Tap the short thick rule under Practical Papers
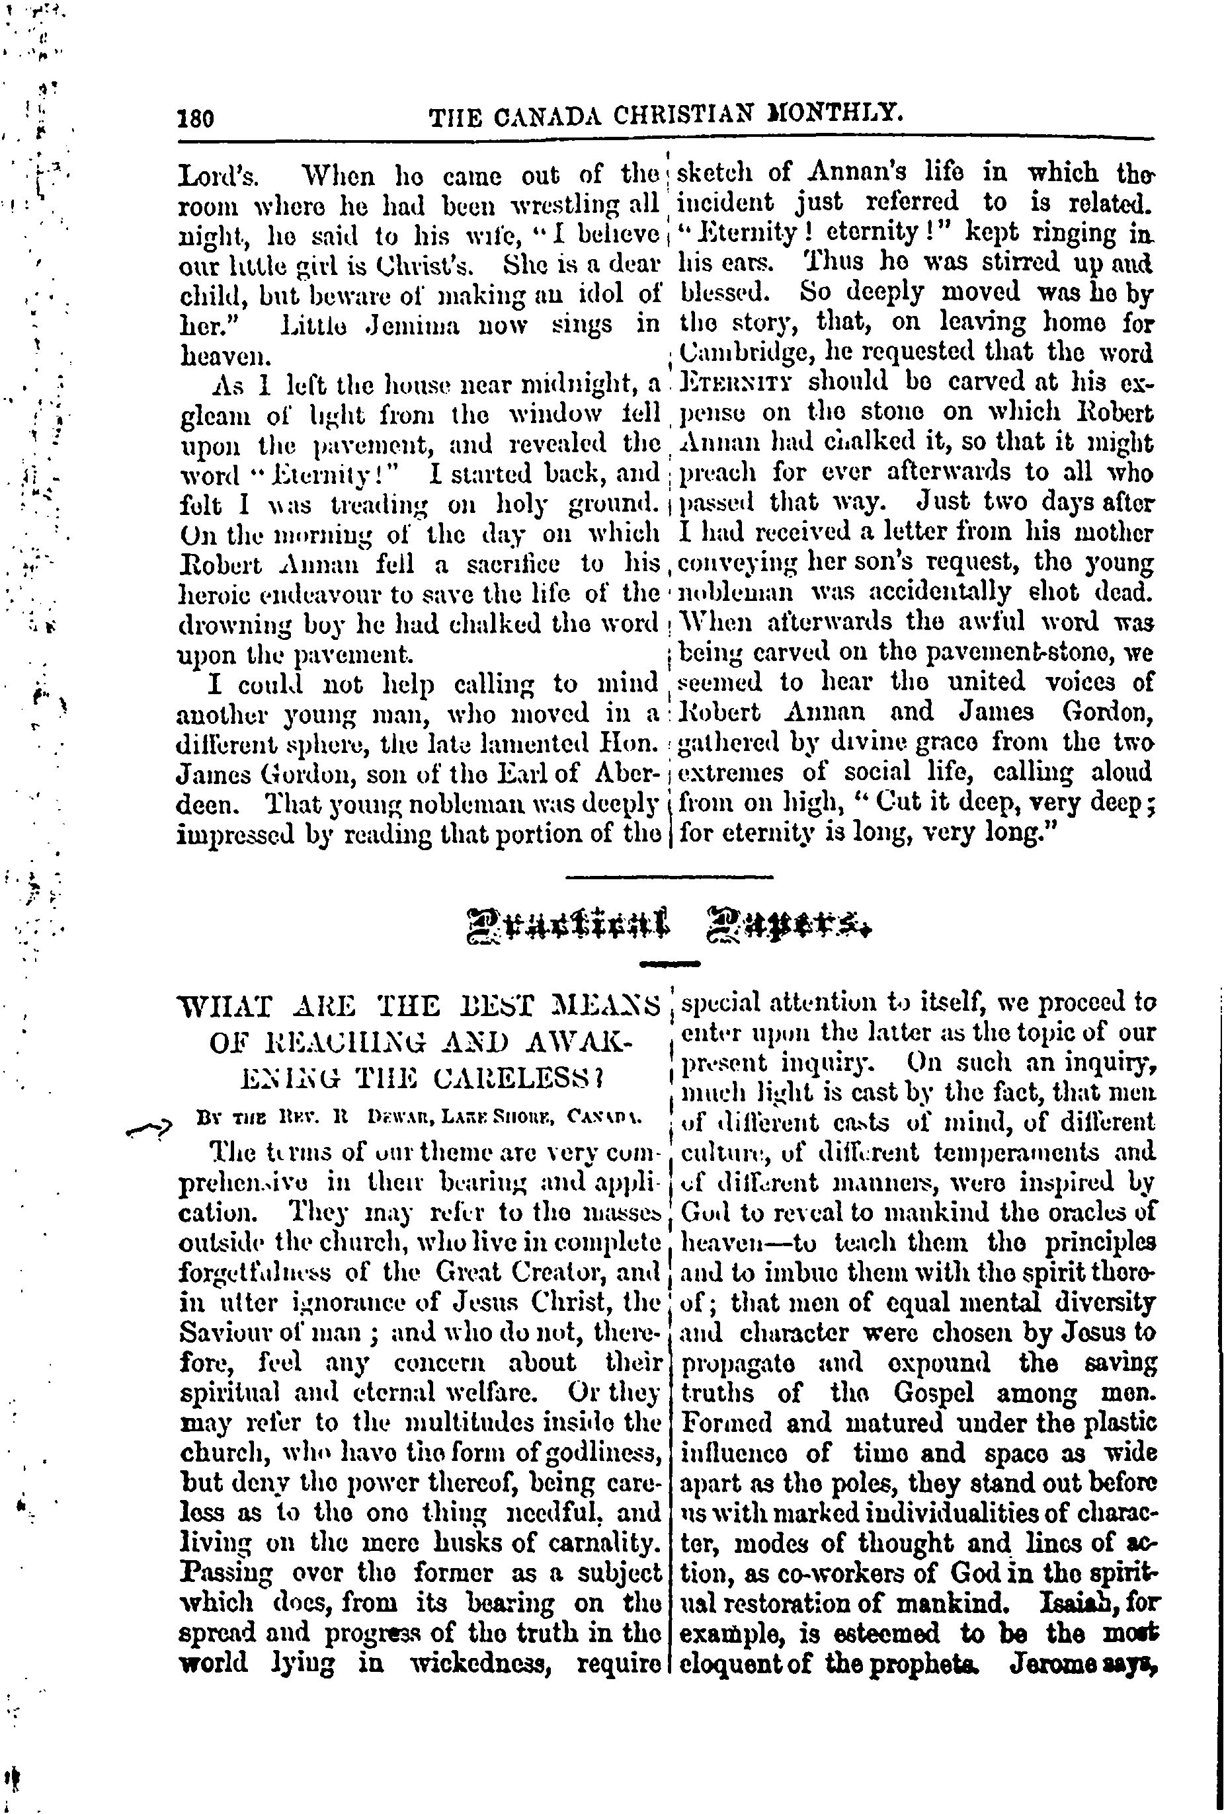pyautogui.click(x=669, y=965)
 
